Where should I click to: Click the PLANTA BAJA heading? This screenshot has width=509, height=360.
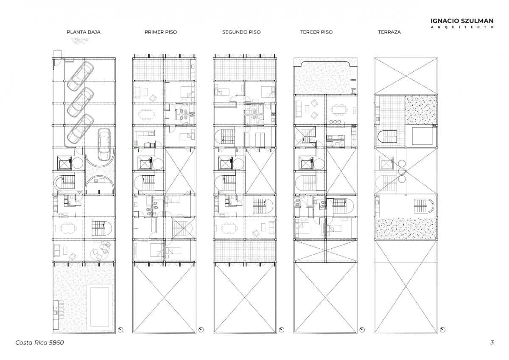click(84, 32)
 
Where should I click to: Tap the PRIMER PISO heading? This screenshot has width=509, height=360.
click(161, 32)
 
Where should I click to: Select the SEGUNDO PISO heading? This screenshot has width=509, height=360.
click(241, 32)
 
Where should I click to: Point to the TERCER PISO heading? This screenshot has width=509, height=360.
click(316, 32)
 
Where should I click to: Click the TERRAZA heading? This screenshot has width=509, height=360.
click(389, 32)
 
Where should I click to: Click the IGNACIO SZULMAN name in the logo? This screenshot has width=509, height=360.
click(462, 21)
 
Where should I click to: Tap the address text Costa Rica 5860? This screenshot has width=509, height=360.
click(39, 343)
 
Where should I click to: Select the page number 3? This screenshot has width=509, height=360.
click(492, 342)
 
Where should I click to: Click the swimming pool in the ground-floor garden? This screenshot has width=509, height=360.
click(100, 307)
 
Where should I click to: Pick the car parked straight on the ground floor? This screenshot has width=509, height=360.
click(104, 144)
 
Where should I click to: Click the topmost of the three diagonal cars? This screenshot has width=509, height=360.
click(81, 76)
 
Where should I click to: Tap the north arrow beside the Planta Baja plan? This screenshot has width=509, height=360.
click(120, 330)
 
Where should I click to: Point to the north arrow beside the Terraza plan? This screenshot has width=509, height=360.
click(442, 330)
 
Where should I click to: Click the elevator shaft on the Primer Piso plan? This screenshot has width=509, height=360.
click(145, 163)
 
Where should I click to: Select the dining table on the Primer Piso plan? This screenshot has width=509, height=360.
click(146, 114)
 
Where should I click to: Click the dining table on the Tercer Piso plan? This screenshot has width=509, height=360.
click(339, 110)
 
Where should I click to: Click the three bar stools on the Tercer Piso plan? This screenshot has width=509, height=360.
click(335, 122)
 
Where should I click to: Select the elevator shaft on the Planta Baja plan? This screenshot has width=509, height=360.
click(64, 163)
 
